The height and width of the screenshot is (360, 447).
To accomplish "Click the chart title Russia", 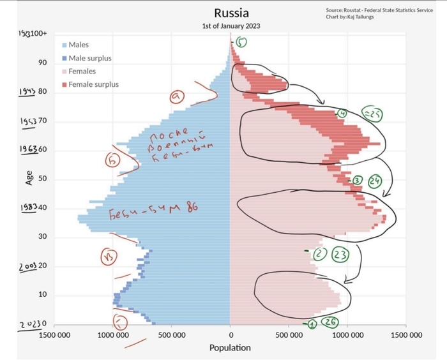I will click(231, 13).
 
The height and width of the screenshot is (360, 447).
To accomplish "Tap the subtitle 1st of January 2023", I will click(231, 26).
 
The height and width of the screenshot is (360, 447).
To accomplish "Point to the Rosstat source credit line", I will click(379, 10).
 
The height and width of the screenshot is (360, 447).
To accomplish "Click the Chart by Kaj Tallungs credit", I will click(349, 17).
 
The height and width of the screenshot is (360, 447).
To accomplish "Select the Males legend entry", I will click(79, 45).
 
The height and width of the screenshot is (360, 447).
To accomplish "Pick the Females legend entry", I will click(82, 71).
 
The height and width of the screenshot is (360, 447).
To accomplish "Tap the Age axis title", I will click(29, 177).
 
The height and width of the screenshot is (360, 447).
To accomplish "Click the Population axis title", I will click(230, 348).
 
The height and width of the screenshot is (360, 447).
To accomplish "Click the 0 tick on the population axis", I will click(230, 334).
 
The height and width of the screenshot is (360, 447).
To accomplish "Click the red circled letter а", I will click(177, 97).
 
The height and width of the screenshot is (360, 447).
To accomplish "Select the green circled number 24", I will click(375, 180).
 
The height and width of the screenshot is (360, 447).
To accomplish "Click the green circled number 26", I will click(330, 322).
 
